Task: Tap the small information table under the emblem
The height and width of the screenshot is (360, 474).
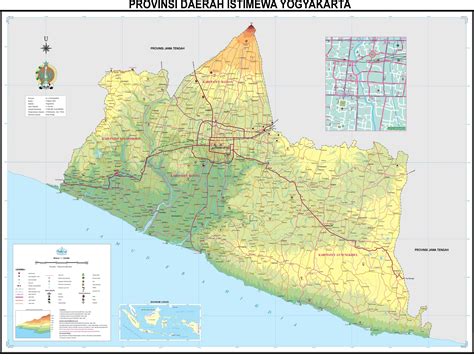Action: (x=50, y=105)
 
